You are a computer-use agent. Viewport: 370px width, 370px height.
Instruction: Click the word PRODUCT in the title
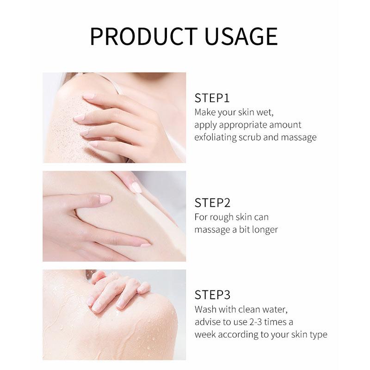(144, 36)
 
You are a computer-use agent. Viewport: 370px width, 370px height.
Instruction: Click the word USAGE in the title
(241, 36)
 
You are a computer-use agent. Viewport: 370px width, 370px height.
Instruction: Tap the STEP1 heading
(212, 98)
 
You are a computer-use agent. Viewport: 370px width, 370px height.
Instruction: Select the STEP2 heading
(212, 203)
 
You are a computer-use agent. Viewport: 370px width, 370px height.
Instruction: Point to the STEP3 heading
(212, 295)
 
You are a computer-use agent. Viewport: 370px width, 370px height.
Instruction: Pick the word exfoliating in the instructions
(216, 137)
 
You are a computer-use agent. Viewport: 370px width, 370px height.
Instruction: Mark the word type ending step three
(319, 335)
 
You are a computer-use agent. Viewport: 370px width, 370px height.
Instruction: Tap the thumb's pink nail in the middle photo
(105, 199)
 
